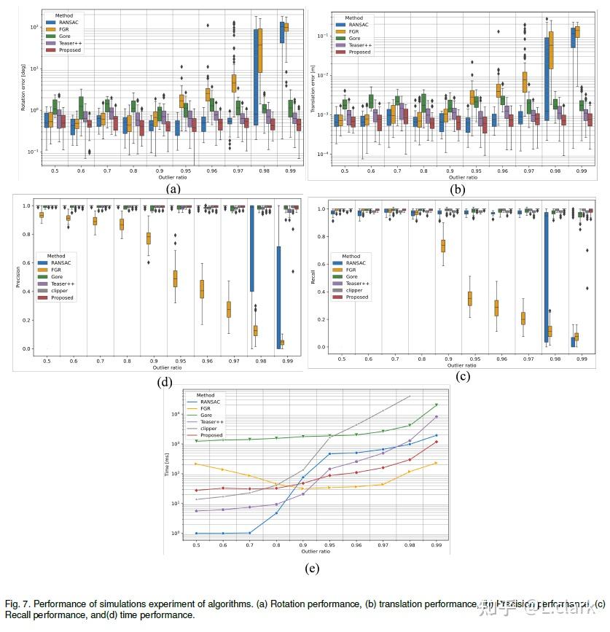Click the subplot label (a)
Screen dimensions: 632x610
click(173, 188)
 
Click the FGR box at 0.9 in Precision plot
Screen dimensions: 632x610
click(149, 238)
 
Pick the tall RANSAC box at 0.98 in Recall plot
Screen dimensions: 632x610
click(547, 277)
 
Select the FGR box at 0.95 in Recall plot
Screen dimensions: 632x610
click(470, 298)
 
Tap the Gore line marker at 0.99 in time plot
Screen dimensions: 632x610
click(437, 405)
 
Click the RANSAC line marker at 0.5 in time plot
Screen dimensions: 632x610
click(196, 534)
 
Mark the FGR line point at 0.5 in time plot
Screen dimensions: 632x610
click(196, 464)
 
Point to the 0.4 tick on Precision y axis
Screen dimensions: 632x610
click(27, 292)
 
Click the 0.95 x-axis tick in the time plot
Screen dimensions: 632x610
click(330, 545)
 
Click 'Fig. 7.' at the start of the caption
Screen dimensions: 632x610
click(17, 604)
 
